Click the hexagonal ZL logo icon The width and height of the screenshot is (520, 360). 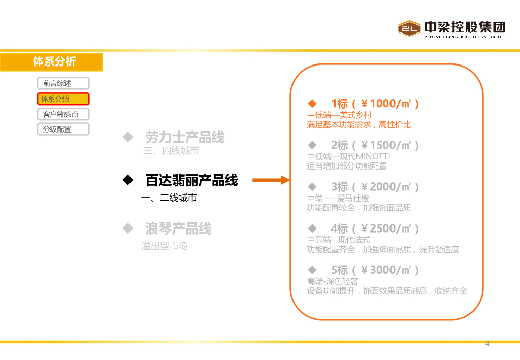(x=410, y=28)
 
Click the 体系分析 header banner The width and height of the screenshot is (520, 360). (x=51, y=62)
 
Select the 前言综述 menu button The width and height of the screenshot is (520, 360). (x=63, y=83)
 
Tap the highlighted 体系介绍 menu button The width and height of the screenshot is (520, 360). (x=63, y=99)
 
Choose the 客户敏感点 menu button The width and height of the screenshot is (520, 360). (x=63, y=114)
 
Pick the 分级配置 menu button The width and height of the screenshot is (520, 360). (x=63, y=129)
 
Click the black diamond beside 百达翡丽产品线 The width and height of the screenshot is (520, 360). (x=127, y=180)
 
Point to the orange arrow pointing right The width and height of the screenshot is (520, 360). (x=271, y=180)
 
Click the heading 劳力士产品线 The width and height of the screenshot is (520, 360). (x=185, y=137)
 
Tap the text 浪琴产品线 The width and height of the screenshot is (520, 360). (x=178, y=228)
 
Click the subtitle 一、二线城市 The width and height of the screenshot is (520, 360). (x=169, y=198)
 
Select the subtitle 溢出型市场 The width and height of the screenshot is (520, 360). (x=164, y=246)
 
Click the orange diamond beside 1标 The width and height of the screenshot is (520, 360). (x=312, y=104)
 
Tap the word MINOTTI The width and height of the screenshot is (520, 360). (x=372, y=156)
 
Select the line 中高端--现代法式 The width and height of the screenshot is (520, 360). (x=338, y=240)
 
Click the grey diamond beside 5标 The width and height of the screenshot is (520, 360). (x=312, y=270)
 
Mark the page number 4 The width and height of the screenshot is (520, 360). (x=487, y=344)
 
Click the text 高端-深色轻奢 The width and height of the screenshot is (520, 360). (x=333, y=281)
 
